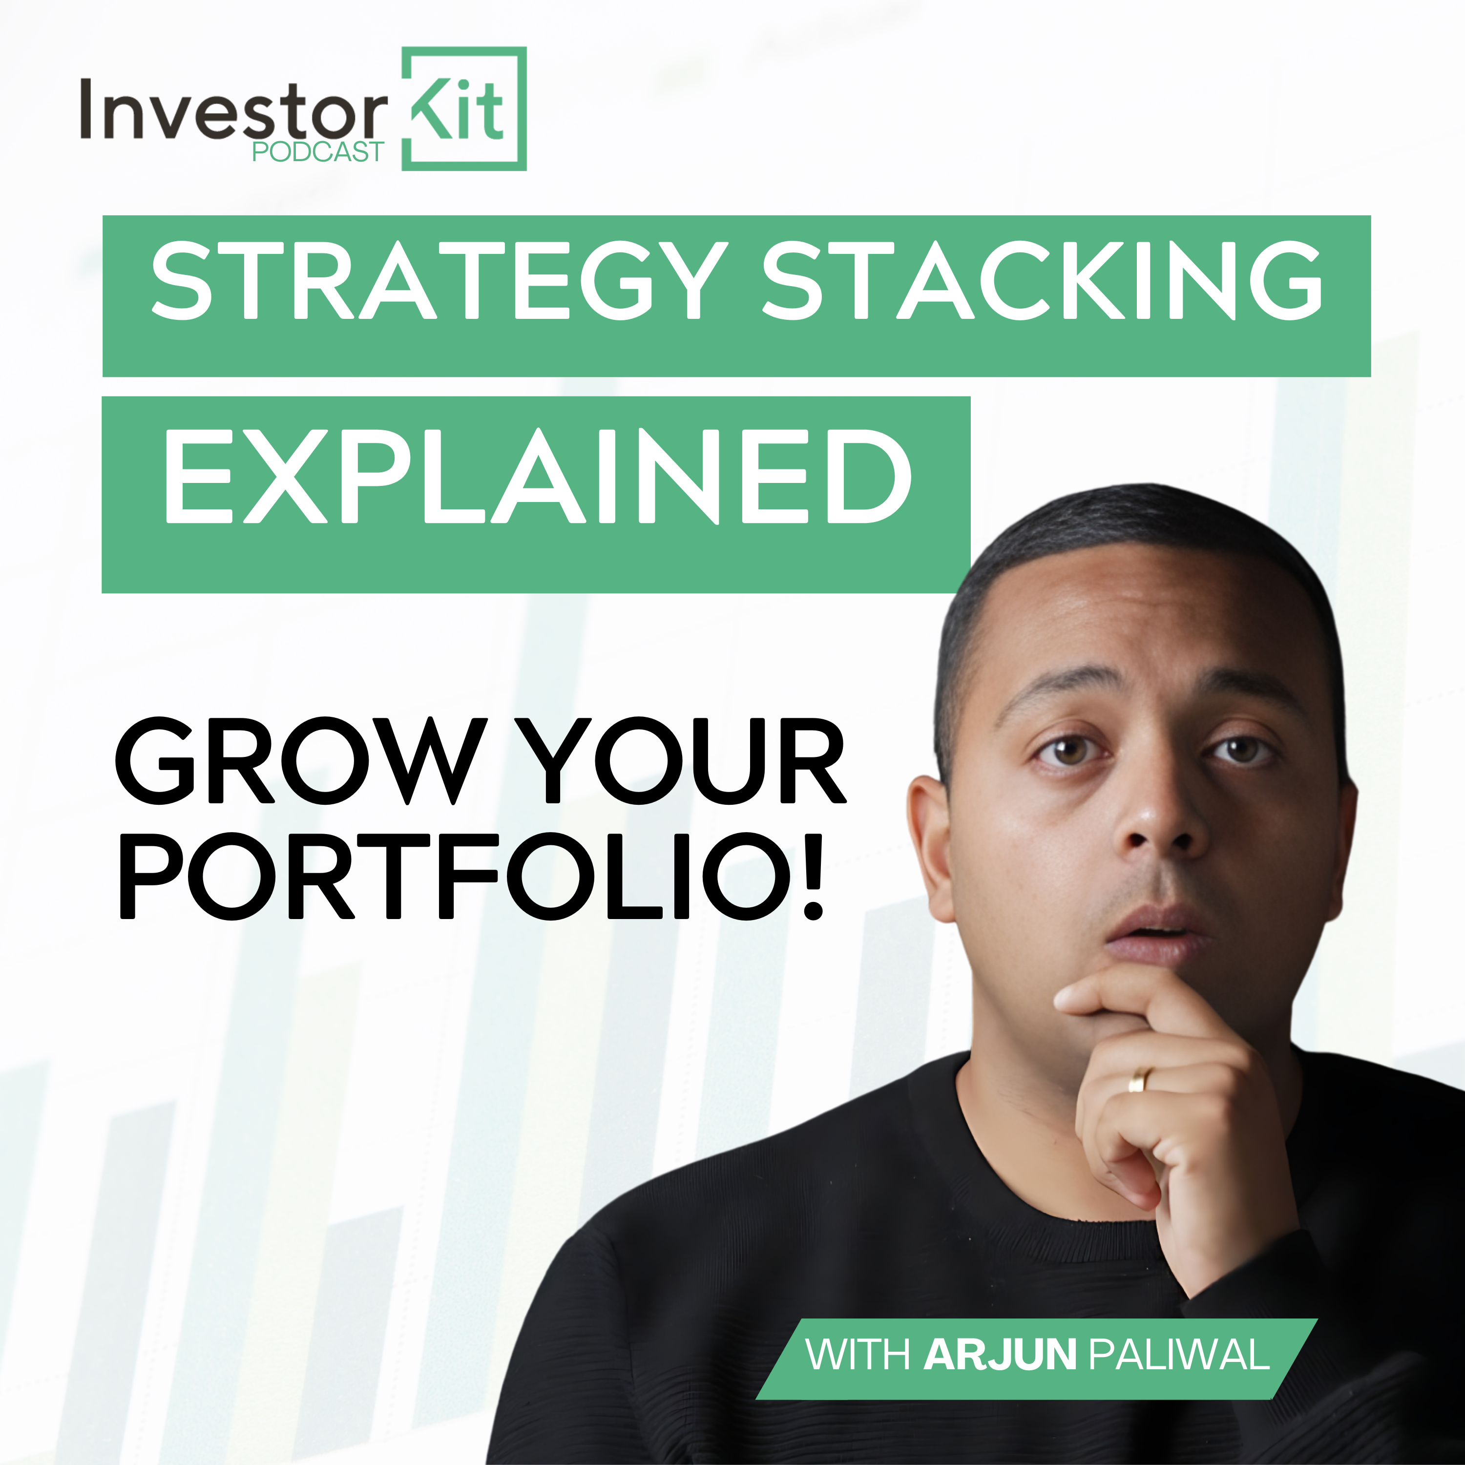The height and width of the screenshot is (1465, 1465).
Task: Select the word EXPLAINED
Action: click(538, 476)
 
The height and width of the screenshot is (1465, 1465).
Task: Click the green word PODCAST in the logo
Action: click(318, 152)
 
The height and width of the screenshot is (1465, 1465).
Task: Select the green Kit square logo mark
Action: click(464, 108)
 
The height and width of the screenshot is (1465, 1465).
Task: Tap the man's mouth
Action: click(1156, 938)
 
